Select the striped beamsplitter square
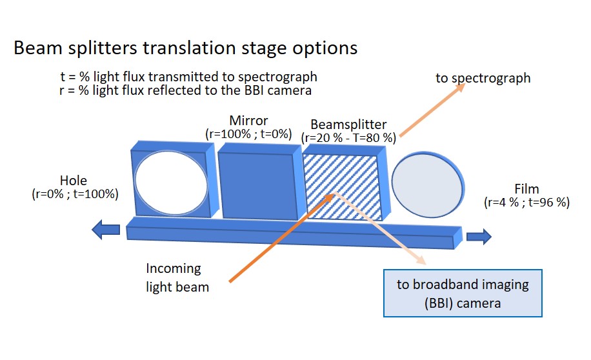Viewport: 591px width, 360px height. coord(342,184)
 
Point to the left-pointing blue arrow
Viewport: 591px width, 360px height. coord(106,229)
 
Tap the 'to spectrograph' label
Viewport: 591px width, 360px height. coord(483,78)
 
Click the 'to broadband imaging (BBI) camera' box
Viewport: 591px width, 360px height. coord(463,293)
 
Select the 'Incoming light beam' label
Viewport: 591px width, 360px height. coord(177,277)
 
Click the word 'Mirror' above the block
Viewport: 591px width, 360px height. coord(248,121)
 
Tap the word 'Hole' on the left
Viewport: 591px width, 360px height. coord(74,180)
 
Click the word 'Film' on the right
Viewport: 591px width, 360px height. coord(526,189)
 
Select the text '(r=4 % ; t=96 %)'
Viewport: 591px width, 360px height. coord(526,203)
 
